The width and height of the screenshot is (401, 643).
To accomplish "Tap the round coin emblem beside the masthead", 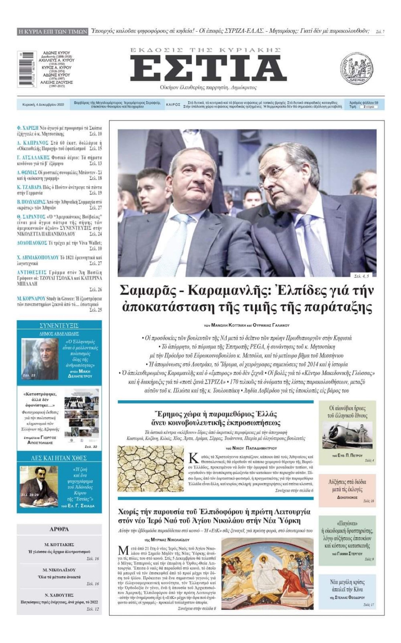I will coord(356,69).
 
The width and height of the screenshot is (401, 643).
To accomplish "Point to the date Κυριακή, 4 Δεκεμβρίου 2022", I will coord(43,105).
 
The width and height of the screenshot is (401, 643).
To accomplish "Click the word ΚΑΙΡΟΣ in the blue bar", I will coord(173,105).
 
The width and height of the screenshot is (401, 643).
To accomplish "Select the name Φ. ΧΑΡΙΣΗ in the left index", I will coord(28,128).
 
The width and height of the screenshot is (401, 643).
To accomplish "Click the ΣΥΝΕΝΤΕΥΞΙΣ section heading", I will coord(59,326).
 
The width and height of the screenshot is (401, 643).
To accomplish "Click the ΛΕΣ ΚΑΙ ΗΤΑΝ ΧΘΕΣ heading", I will coord(59,458).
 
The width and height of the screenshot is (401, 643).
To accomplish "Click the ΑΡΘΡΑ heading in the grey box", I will coord(59,529).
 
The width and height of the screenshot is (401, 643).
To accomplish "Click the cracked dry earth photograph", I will coord(150,468).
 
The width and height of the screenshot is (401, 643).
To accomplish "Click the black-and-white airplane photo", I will coord(347,437).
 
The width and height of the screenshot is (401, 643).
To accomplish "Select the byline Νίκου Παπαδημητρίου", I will coord(251,448).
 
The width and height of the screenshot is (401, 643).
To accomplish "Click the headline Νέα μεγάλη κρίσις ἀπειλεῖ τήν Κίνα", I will coord(347,586).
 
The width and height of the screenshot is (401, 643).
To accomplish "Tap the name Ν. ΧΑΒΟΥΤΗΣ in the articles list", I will coord(59,595).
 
